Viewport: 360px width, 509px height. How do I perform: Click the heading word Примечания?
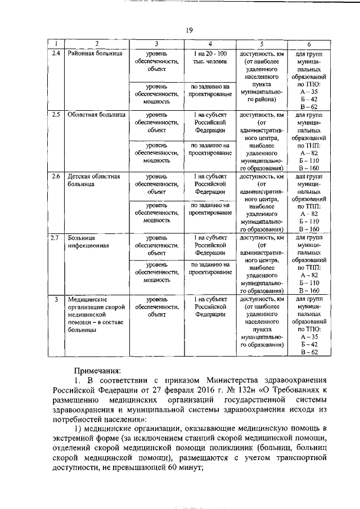coord(100,371)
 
